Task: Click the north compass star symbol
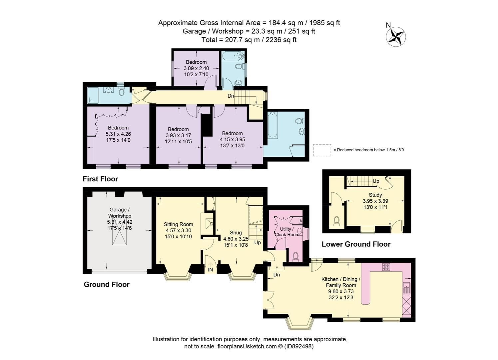396,36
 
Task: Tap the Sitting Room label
178,224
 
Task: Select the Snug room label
236,233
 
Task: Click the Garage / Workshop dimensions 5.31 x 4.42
119,222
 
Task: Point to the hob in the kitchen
387,267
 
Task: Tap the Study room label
375,195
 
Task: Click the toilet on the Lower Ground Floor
336,221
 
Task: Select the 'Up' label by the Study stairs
376,181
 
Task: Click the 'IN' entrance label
211,269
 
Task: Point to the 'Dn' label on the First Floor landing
231,96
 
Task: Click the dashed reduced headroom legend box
322,150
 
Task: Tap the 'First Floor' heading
100,179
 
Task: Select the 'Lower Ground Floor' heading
356,244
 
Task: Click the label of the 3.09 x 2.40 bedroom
196,62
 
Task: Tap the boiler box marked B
300,221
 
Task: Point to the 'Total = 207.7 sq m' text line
249,40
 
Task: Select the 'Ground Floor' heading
106,284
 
